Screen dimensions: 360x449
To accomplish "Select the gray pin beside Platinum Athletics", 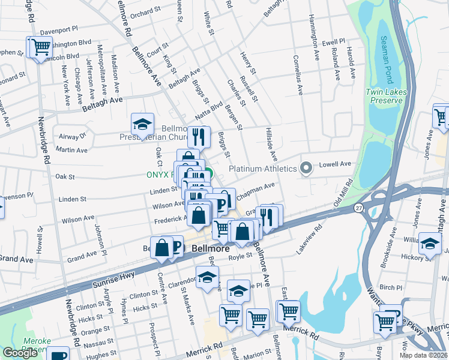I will [x=307, y=169].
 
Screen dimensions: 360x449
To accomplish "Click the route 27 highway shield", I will [x=358, y=207].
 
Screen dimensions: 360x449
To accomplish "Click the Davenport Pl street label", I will [x=59, y=29].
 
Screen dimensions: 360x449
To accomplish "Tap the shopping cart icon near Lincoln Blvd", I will [x=40, y=47].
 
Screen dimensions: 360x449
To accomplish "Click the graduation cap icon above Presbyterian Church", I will [x=142, y=124].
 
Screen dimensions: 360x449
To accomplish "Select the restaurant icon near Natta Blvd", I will [x=199, y=137].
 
